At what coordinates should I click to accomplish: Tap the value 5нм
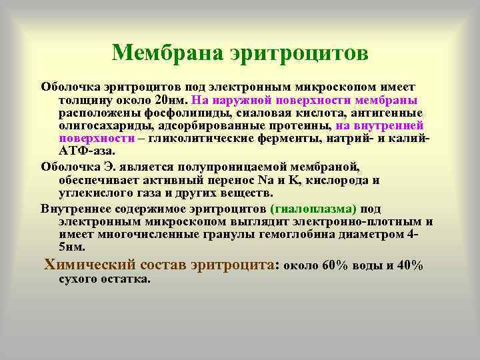tap(71, 247)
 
